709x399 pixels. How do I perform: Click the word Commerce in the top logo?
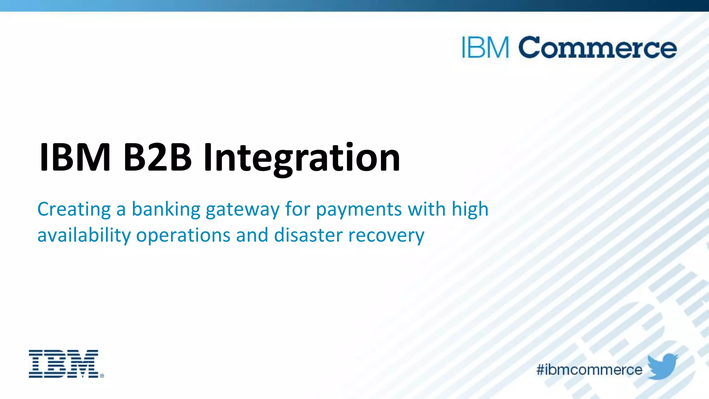tap(597, 47)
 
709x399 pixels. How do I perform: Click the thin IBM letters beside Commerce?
tap(485, 47)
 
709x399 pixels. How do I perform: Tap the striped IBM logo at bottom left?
tap(64, 364)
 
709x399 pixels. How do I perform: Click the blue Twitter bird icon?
tap(662, 366)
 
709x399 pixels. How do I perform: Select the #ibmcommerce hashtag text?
tap(589, 370)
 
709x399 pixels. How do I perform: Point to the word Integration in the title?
tap(302, 159)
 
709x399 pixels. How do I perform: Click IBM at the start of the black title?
tap(75, 158)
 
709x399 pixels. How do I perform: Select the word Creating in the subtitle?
tap(74, 210)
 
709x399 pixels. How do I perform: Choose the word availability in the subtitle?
tap(84, 236)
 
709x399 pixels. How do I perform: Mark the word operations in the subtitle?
tap(183, 236)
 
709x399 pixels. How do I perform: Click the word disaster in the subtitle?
tap(308, 235)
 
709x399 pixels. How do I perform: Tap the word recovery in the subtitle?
tap(386, 236)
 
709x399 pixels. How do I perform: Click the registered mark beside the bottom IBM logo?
tap(102, 375)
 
